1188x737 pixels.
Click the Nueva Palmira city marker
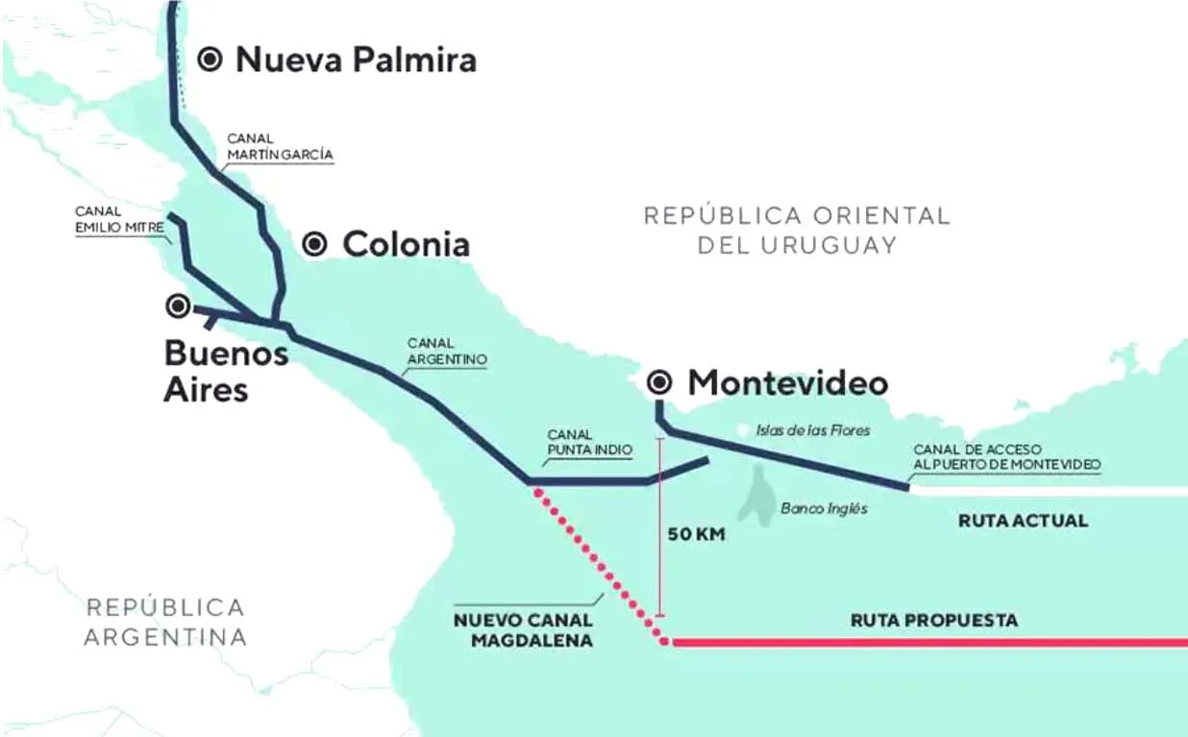click(210, 60)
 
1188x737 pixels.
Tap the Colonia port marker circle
click(315, 244)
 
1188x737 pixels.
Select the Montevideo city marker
click(659, 383)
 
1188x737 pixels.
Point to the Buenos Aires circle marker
click(178, 307)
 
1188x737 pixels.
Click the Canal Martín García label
click(280, 146)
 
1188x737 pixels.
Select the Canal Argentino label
click(447, 351)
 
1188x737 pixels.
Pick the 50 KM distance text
click(696, 534)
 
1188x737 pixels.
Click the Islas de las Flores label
click(813, 430)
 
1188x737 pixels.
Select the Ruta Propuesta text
click(933, 621)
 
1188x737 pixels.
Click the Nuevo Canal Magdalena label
click(522, 629)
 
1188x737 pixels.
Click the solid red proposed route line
click(923, 642)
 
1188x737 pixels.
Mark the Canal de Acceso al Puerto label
click(1006, 456)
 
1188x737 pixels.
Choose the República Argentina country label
click(164, 622)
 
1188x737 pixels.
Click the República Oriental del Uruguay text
click(797, 229)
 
